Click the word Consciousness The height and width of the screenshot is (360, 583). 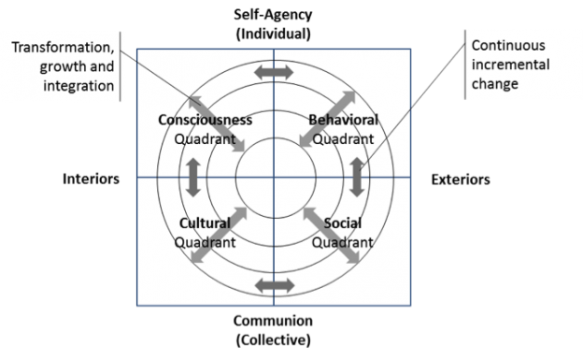tap(206, 122)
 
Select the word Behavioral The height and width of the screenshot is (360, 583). tap(343, 122)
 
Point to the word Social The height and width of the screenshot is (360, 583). tap(343, 224)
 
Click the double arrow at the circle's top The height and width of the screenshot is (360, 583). tap(275, 72)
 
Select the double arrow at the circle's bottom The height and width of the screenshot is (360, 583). tap(275, 284)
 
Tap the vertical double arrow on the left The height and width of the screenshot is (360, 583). tap(194, 177)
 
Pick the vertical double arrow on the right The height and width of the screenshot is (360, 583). tap(356, 177)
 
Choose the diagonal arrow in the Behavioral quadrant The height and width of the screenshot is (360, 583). tap(327, 119)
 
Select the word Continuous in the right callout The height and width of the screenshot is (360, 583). tap(508, 45)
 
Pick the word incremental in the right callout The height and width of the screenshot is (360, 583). tap(510, 65)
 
